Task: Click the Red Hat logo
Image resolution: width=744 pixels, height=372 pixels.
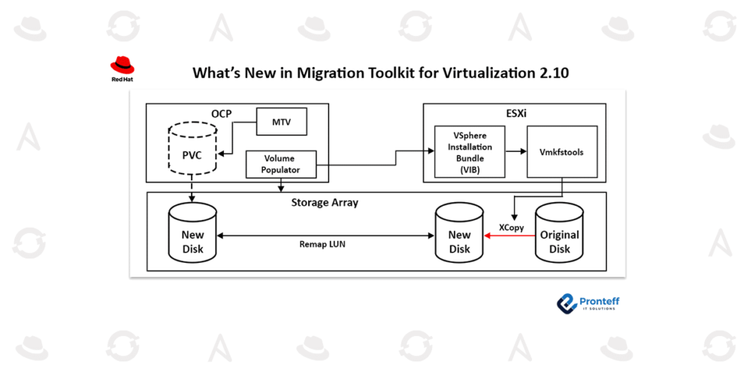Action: click(x=122, y=70)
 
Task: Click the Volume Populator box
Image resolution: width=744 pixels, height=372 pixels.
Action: click(x=279, y=165)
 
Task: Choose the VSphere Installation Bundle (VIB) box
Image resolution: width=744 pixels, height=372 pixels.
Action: click(x=470, y=152)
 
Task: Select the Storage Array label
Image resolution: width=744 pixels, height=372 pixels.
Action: click(x=324, y=203)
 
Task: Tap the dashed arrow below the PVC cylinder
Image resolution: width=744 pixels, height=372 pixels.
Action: click(x=192, y=188)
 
